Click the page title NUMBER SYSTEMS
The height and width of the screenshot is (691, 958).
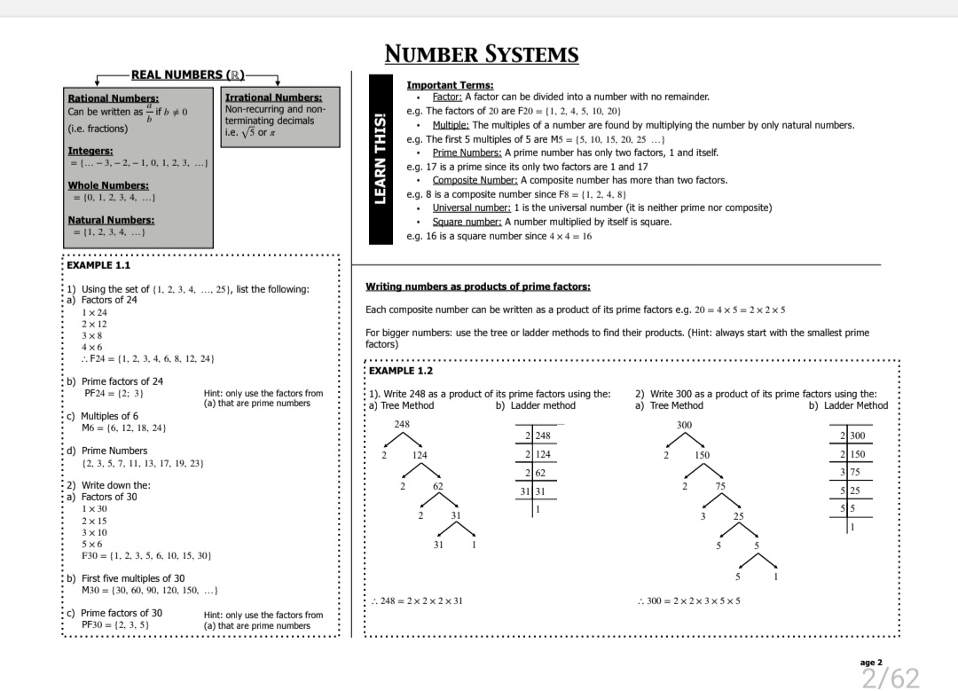[482, 55]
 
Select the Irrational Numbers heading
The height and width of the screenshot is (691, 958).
[273, 98]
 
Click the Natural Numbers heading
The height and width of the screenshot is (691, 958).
[111, 220]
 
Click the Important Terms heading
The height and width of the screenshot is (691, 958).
[450, 85]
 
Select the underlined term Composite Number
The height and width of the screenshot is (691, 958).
[479, 180]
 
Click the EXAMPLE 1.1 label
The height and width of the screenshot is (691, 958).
[98, 265]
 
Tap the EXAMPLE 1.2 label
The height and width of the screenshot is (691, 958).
[401, 370]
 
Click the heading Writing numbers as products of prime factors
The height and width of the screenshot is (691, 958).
[478, 287]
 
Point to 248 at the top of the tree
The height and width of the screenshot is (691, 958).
[402, 425]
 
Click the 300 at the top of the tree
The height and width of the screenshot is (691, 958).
[684, 426]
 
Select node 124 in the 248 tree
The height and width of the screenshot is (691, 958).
[420, 455]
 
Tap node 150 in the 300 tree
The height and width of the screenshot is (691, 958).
[701, 455]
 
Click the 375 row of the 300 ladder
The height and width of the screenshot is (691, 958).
[852, 472]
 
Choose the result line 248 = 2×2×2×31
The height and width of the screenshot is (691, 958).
[418, 601]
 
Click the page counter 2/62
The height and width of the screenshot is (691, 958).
[891, 679]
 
